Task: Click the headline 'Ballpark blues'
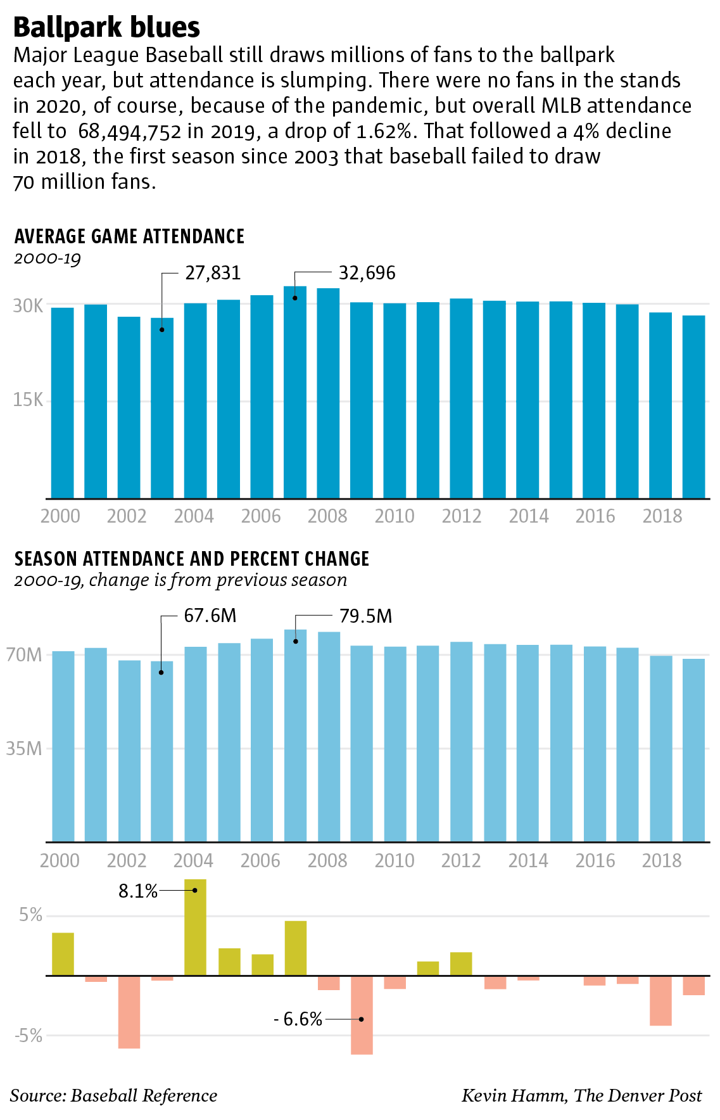point(106,27)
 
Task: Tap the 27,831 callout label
point(213,273)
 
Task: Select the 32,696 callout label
point(367,273)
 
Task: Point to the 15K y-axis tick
point(28,400)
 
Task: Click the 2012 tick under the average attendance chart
point(462,516)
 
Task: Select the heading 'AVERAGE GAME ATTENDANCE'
point(129,236)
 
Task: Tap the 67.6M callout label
point(210,615)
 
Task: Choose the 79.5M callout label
point(365,616)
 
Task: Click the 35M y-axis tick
point(25,749)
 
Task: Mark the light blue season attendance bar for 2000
point(63,746)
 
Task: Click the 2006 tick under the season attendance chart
point(260,860)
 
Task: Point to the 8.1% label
point(137,891)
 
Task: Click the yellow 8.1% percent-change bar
point(195,927)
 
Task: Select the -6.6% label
point(298,1019)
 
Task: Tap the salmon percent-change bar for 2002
point(129,1012)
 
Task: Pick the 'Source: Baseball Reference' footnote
point(113,1095)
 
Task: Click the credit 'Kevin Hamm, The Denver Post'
point(581,1095)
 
